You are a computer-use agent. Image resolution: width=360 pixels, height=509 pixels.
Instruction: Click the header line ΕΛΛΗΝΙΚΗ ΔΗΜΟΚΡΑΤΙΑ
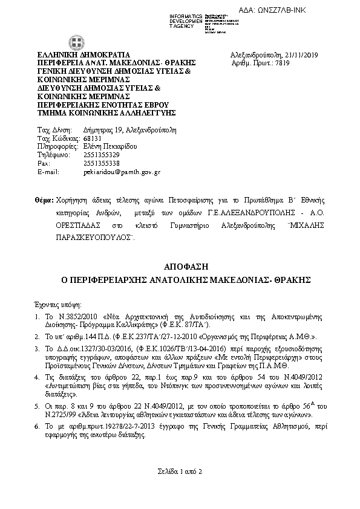pyautogui.click(x=80, y=55)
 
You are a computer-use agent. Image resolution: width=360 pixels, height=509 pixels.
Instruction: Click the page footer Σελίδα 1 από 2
pyautogui.click(x=180, y=471)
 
